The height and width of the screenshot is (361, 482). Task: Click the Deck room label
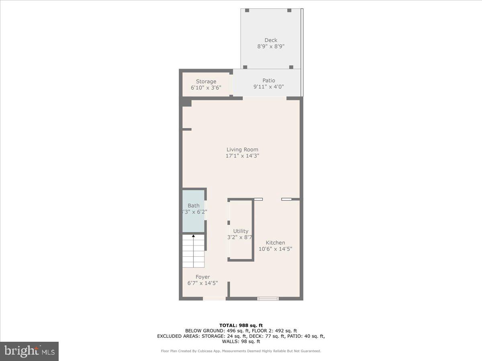click(271, 40)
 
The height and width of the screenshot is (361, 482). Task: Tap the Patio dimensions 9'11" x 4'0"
click(269, 87)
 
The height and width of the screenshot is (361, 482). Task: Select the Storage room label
click(206, 81)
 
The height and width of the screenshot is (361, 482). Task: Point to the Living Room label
click(242, 150)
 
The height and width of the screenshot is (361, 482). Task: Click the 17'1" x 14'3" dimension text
click(242, 156)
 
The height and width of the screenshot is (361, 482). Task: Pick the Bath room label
click(194, 205)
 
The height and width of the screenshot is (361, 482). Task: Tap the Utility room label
click(241, 231)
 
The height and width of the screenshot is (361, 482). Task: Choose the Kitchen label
click(275, 243)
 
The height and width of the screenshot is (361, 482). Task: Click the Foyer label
click(203, 277)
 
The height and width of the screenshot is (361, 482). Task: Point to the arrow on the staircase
click(193, 236)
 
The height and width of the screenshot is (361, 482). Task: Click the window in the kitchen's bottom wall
click(268, 298)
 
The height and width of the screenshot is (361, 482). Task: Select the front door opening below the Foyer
click(214, 298)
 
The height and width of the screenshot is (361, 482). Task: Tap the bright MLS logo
click(29, 351)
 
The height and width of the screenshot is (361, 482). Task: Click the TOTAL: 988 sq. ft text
click(241, 325)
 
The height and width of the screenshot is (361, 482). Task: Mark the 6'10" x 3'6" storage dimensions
click(206, 88)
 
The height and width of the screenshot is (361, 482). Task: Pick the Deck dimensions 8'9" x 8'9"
click(271, 47)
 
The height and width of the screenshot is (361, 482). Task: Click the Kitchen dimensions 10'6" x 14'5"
click(275, 249)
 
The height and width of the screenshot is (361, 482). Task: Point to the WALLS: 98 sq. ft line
click(241, 342)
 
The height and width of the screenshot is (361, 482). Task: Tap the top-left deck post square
click(247, 10)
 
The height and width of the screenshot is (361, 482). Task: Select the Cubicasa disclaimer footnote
click(241, 351)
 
